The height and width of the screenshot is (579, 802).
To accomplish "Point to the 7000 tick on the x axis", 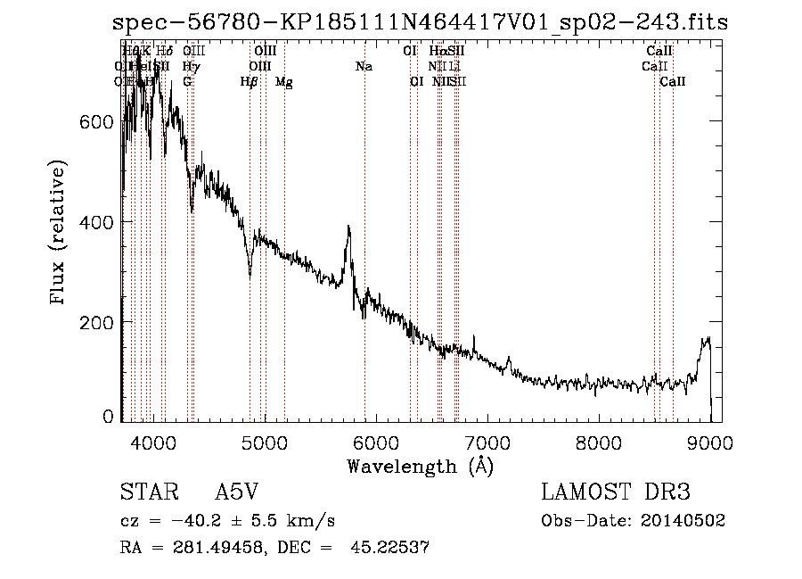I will (x=487, y=442).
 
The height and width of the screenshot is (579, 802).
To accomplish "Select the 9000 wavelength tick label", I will (x=710, y=442).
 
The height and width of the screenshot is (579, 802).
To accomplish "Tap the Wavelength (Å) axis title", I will (x=420, y=466).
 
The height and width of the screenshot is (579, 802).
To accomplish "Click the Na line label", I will (x=364, y=67).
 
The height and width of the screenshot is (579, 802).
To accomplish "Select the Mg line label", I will (x=284, y=82).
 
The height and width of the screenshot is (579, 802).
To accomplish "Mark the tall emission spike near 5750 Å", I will (x=348, y=229).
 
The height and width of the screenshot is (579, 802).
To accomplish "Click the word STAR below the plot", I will (x=142, y=492).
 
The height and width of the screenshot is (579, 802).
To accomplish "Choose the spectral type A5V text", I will (x=236, y=492).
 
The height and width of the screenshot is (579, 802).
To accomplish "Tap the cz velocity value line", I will (x=227, y=521).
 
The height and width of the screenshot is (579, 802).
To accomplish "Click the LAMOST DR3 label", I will (x=615, y=492).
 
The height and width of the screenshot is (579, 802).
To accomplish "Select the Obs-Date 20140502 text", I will (x=633, y=521).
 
